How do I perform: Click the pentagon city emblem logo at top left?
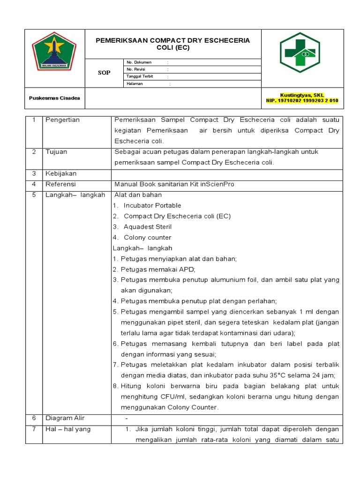[x=54, y=52]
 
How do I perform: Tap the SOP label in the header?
[x=104, y=73]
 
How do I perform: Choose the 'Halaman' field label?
[x=135, y=83]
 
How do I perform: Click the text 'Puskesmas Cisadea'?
[x=54, y=98]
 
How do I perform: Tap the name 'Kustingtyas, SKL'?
[x=302, y=95]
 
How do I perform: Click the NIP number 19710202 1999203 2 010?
[x=302, y=101]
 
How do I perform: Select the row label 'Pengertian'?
[x=62, y=120]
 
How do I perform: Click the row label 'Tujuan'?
[x=56, y=152]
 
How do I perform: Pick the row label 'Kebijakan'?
[x=60, y=173]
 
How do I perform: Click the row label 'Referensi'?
[x=60, y=184]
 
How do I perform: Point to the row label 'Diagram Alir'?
[x=65, y=418]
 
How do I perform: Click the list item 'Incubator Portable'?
[x=152, y=205]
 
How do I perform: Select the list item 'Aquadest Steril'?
[x=148, y=227]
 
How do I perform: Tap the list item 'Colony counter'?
[x=148, y=238]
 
